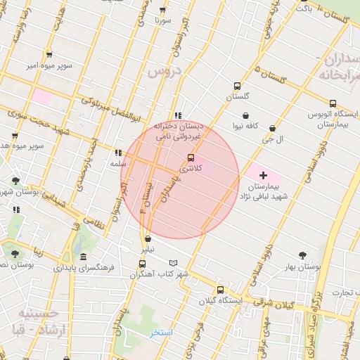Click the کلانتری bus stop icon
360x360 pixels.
[191, 158]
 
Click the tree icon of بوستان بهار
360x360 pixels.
[302, 255]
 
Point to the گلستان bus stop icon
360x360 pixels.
[237, 86]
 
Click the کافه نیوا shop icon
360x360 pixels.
[245, 115]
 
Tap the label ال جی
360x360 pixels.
[272, 139]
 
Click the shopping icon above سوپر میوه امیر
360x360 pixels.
[49, 54]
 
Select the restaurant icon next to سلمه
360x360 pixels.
[117, 152]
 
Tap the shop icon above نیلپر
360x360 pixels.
[147, 239]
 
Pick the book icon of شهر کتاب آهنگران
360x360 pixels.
[184, 262]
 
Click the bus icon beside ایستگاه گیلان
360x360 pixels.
[220, 289]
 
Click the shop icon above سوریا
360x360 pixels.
[163, 10]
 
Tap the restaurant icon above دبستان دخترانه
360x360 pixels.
[178, 115]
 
